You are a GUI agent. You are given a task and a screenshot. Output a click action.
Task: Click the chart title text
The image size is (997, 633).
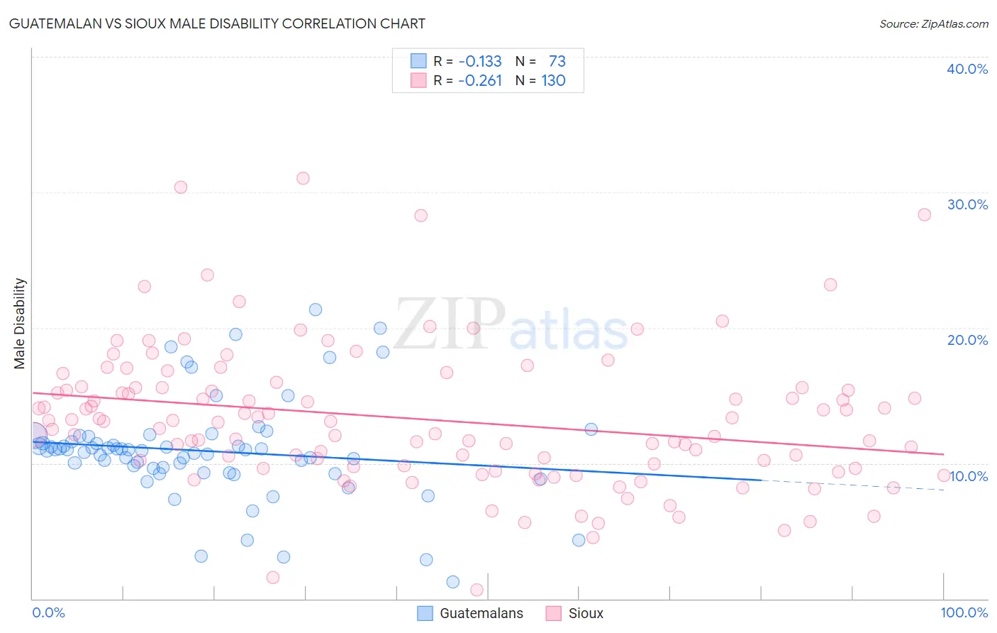[x=217, y=23]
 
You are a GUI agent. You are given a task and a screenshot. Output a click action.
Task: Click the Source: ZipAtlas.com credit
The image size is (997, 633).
[x=933, y=23]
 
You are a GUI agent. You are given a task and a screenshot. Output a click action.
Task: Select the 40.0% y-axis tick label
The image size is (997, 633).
[x=967, y=69]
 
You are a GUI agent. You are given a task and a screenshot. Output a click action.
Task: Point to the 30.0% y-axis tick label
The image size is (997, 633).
[x=967, y=204]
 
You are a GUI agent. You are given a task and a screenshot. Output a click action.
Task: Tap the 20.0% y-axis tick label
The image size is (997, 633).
[x=967, y=340]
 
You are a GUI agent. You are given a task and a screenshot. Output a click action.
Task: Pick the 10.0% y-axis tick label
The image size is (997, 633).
[x=969, y=476]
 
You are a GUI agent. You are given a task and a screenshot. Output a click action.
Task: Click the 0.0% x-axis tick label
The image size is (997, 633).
[x=48, y=612]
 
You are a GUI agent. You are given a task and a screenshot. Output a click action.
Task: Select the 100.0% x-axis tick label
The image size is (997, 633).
[x=964, y=612]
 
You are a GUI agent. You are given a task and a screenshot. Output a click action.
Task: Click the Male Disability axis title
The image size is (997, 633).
[x=20, y=323]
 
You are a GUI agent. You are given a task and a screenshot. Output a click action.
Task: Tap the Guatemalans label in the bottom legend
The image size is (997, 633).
[x=481, y=613]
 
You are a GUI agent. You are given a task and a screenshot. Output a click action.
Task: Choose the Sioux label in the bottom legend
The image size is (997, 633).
[x=586, y=613]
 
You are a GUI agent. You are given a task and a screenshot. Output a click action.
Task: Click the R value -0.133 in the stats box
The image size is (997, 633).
[x=480, y=61]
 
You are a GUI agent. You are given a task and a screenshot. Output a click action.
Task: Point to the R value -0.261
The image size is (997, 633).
[x=480, y=80]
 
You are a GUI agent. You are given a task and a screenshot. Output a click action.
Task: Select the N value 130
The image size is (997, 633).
[x=553, y=80]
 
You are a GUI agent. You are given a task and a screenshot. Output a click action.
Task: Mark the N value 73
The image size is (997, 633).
[x=557, y=61]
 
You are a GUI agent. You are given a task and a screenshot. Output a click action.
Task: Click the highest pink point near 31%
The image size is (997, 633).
[x=303, y=178]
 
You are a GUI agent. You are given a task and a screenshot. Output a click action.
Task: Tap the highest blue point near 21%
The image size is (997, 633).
[x=316, y=309]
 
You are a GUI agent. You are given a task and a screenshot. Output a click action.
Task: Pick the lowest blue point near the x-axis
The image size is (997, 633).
[x=453, y=582]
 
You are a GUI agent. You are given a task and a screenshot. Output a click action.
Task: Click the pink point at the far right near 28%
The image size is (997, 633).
[x=924, y=214]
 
